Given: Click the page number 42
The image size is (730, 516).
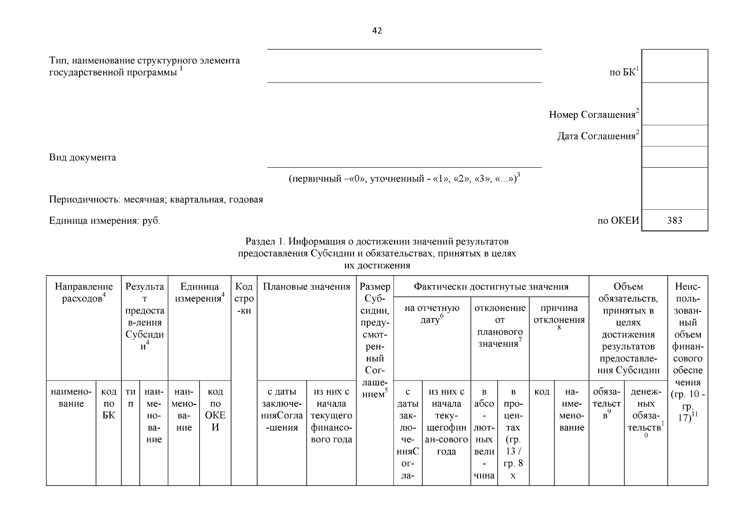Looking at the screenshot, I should click(x=377, y=31).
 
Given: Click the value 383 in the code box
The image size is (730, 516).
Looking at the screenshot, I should click(x=674, y=221).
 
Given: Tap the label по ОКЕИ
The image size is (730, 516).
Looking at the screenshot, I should click(x=618, y=221).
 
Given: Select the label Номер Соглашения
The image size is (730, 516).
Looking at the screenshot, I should click(x=593, y=115).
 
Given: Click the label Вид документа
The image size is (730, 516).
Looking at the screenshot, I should click(x=83, y=157).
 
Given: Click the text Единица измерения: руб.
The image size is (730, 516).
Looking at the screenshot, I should click(x=105, y=221).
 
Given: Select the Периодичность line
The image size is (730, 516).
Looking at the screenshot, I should click(x=156, y=200).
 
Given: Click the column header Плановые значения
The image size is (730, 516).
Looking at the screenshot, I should click(x=306, y=287).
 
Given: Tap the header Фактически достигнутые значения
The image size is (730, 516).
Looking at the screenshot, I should click(x=491, y=287).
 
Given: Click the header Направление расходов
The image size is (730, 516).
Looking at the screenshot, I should click(x=83, y=292).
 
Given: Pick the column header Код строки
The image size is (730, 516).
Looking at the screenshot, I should click(x=244, y=298).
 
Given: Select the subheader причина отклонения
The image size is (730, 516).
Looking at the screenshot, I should click(x=559, y=314).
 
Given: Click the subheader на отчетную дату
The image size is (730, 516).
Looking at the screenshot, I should click(x=432, y=314).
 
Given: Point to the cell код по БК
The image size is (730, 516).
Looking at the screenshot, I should click(x=108, y=403).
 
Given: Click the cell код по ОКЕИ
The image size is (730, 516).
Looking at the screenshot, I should click(x=215, y=409).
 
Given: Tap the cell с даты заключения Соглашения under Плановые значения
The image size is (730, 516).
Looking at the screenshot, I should click(x=282, y=409).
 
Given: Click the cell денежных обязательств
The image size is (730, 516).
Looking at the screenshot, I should click(x=646, y=409).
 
